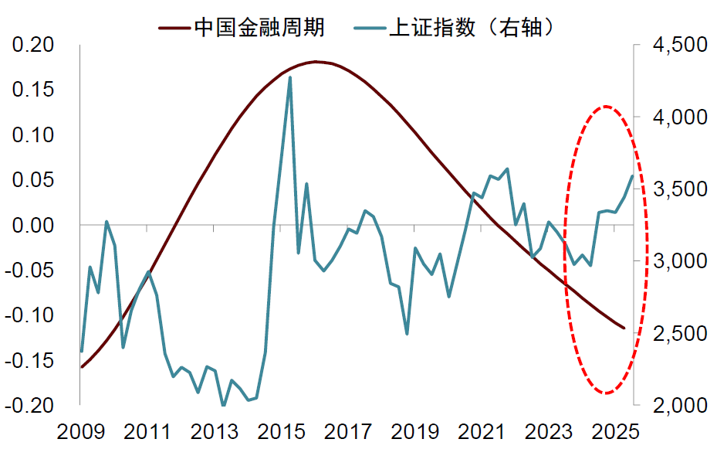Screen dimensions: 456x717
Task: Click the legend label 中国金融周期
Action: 259,29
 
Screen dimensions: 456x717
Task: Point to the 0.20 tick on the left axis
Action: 32,45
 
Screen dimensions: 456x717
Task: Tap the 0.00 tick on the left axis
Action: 32,225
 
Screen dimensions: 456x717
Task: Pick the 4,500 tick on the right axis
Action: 679,45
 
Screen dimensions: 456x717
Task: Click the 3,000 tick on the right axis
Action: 679,261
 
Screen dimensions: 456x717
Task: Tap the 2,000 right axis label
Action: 679,405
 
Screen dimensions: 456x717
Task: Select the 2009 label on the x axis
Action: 80,433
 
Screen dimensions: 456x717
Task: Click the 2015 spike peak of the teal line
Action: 290,77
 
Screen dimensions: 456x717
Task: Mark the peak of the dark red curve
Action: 316,61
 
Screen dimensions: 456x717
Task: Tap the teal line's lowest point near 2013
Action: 223,405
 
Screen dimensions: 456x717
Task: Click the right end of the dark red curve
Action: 624,328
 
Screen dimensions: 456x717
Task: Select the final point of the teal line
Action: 632,176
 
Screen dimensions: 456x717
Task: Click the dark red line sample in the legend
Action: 174,29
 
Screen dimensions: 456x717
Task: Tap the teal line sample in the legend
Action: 369,29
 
